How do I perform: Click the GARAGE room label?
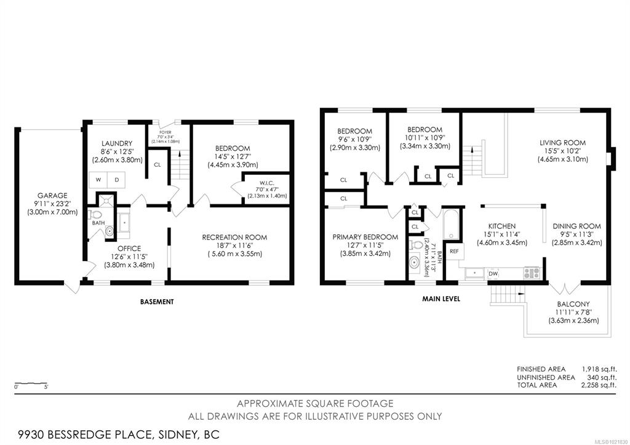point(52,196)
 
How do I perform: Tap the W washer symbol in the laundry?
point(98,180)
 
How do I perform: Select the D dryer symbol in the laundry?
point(116,180)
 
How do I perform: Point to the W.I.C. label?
point(267,183)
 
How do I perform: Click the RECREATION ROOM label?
point(234,238)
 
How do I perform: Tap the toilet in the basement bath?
point(95,214)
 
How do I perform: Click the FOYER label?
point(165,132)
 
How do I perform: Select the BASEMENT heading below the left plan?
point(157,302)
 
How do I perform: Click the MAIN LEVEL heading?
point(441,299)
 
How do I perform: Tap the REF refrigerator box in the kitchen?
point(454,251)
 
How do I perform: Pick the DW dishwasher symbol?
point(493,274)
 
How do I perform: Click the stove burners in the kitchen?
point(532,273)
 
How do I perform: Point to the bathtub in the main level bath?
point(452,224)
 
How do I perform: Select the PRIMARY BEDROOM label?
point(365,237)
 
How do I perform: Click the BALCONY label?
point(573,304)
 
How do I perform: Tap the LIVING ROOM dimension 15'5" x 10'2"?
point(562,151)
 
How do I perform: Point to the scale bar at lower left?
point(31,383)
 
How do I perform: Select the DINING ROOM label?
point(576,227)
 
